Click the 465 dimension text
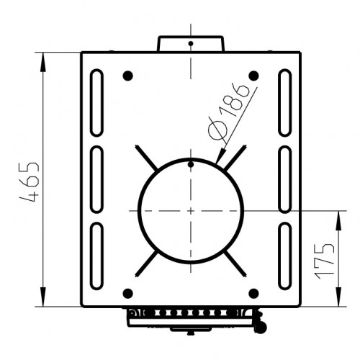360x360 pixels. click(x=30, y=182)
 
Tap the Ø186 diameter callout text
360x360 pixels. click(x=228, y=113)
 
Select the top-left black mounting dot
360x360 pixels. click(x=127, y=76)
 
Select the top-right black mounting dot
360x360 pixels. click(x=253, y=76)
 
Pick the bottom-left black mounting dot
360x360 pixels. click(x=127, y=293)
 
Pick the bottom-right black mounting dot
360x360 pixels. click(x=253, y=293)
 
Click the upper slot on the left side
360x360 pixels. click(x=96, y=103)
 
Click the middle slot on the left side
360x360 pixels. click(x=96, y=179)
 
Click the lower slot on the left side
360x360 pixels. click(x=96, y=256)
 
